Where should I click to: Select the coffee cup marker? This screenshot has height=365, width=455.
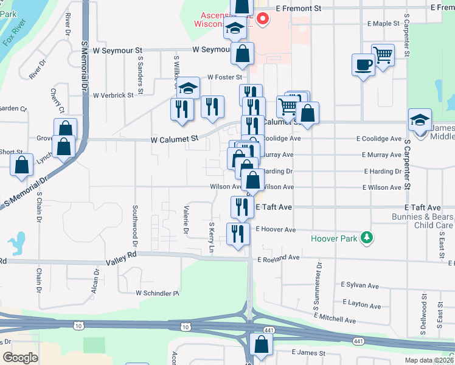click(363, 64)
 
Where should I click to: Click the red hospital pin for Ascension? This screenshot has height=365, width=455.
click(263, 19)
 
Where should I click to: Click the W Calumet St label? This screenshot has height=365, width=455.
click(175, 139)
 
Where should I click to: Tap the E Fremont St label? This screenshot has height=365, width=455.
click(298, 9)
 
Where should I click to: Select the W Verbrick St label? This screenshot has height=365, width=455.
click(114, 95)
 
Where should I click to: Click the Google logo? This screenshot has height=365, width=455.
click(20, 358)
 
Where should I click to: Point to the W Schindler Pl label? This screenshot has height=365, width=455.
click(158, 293)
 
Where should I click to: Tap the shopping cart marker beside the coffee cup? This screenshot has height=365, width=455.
click(383, 55)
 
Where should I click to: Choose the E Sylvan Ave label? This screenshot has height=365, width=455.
click(359, 285)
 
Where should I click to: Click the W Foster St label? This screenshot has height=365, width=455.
click(224, 77)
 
